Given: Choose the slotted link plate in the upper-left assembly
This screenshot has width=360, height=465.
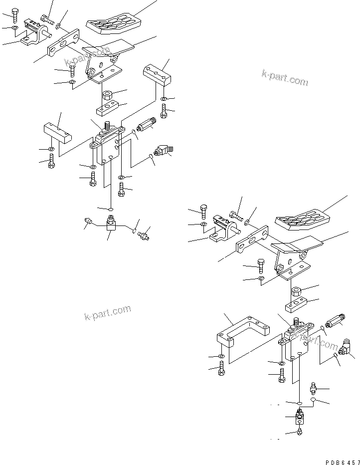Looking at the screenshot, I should pyautogui.click(x=64, y=44).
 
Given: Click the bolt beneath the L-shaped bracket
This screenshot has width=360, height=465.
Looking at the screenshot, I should pyautogui.click(x=221, y=370).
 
